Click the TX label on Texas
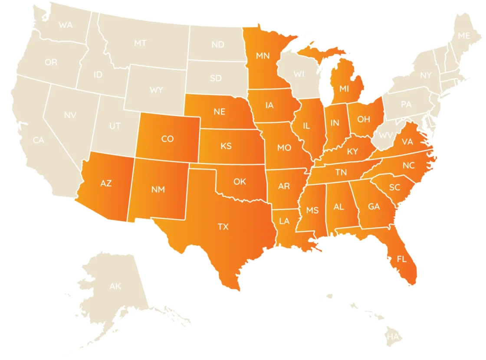pos(223,226)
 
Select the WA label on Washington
pos(66,25)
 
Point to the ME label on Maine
pos(464,36)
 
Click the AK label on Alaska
pos(115,286)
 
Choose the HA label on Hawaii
pos(393,337)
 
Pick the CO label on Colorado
pos(167,139)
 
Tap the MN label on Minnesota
pos(262,56)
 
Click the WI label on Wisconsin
pos(299,74)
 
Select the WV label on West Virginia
pos(385,135)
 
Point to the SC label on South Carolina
pos(394,187)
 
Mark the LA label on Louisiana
pos(284,221)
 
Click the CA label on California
pos(39,140)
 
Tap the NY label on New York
pos(426,75)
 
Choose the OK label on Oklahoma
pos(240,182)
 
